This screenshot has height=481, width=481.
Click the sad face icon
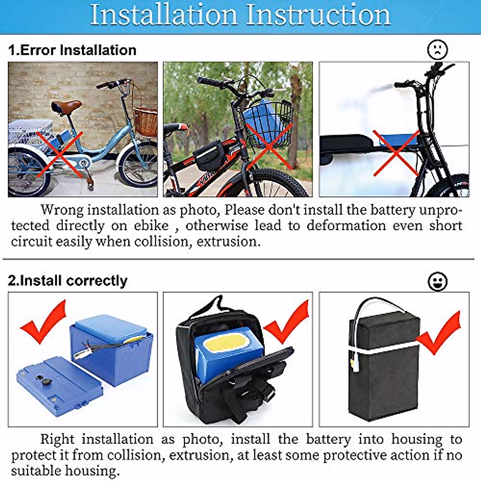437,50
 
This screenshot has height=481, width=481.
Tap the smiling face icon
437,281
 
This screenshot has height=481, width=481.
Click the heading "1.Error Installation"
72,50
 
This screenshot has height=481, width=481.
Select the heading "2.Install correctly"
67,281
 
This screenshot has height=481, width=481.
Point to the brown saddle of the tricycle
66,106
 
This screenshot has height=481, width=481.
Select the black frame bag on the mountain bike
208,154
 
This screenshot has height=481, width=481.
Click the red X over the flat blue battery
396,153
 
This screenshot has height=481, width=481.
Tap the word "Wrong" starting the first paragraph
62,210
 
